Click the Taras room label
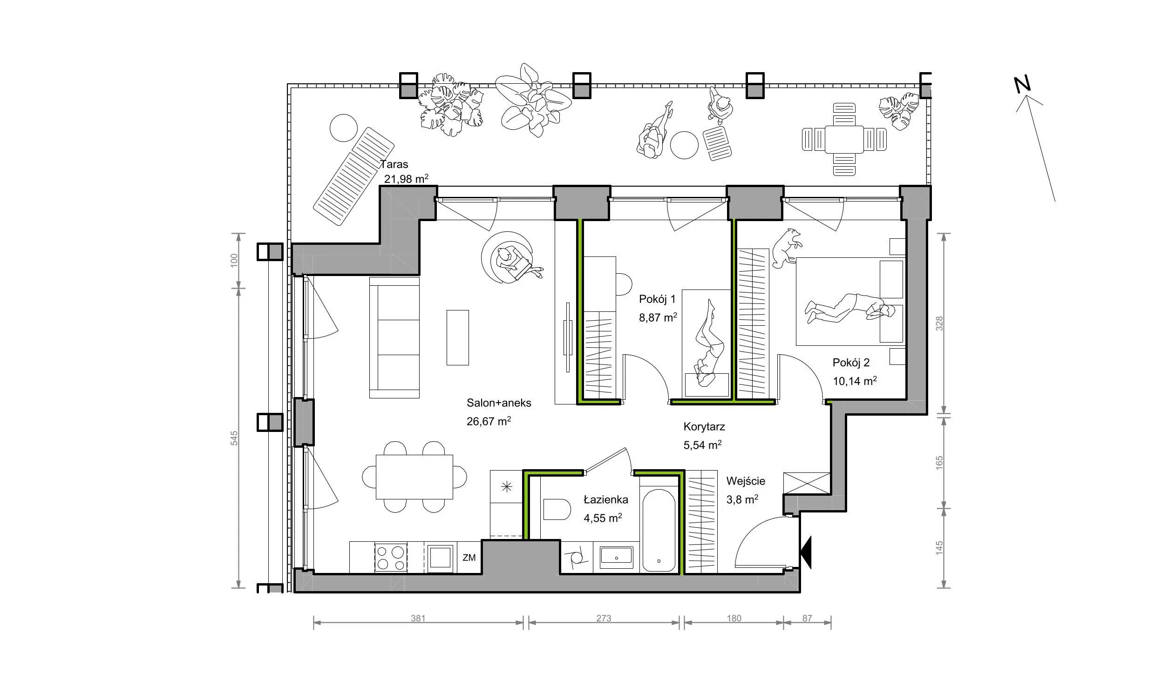[394, 164]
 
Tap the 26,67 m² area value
[489, 421]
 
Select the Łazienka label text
[606, 499]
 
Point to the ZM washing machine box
[469, 557]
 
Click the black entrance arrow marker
[806, 552]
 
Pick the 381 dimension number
[418, 619]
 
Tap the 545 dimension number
[234, 438]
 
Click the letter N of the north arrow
[1023, 84]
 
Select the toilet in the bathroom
[557, 510]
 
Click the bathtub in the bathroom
[659, 530]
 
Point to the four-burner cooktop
[391, 558]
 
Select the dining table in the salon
[414, 477]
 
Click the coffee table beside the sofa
[457, 337]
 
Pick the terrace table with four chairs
[844, 140]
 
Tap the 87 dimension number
[807, 619]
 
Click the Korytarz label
[704, 426]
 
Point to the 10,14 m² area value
[855, 381]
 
